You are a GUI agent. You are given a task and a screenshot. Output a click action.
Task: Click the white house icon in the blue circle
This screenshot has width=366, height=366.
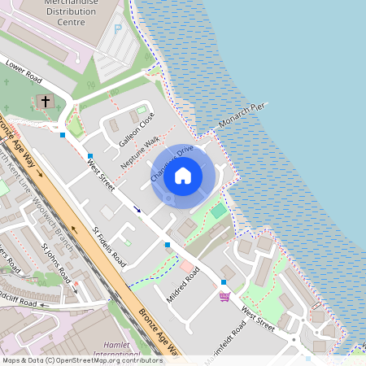pos(183,175)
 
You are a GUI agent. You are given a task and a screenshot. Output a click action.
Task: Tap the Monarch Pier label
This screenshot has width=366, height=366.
pos(242,116)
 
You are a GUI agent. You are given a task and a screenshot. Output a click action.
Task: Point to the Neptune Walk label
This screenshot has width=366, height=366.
pos(140,153)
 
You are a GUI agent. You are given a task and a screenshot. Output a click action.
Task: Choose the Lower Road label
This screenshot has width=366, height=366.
pos(22,71)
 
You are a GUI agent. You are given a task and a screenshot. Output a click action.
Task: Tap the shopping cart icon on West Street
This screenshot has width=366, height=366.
pos(224,296)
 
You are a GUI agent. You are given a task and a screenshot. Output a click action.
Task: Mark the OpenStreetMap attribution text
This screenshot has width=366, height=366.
pos(82,360)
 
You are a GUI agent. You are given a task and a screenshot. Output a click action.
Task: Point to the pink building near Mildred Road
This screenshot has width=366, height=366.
pos(187,267)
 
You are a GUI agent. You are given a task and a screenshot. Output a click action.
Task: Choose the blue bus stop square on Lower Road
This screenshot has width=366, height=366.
pos(63,134)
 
